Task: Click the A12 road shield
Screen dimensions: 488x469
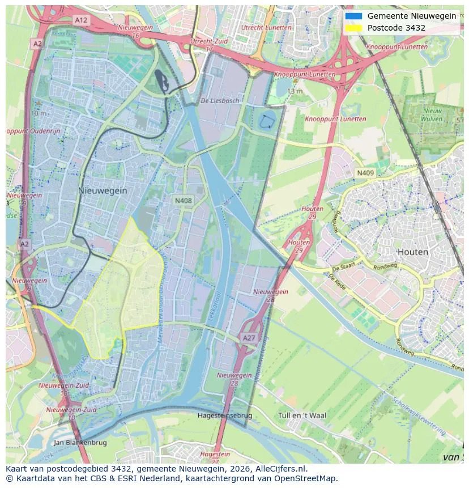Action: tap(81, 20)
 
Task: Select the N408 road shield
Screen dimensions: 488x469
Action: tap(183, 201)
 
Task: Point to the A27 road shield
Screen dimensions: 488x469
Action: tap(249, 338)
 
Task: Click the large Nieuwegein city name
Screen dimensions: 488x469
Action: tap(103, 191)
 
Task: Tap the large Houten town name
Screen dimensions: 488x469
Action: tap(412, 252)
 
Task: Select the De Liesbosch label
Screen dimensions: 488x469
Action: tap(220, 100)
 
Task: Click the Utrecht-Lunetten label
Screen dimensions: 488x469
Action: tap(266, 27)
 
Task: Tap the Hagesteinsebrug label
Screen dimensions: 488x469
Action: tap(225, 415)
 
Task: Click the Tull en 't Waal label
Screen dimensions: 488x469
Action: tap(302, 415)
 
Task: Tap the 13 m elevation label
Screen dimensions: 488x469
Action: tap(295, 91)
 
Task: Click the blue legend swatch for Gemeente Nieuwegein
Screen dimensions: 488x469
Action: tap(353, 16)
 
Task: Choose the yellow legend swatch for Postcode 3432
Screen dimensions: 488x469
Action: tap(353, 28)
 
